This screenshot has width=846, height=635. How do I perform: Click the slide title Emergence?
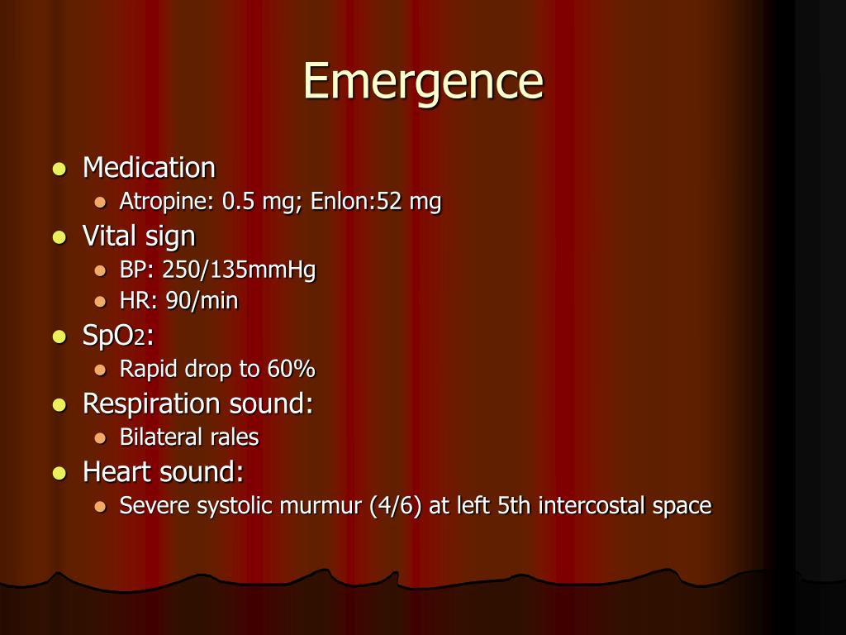click(423, 81)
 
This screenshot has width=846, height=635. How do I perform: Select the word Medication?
click(149, 168)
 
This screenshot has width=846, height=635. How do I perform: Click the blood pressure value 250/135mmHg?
click(240, 270)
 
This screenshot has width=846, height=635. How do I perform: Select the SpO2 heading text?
click(118, 336)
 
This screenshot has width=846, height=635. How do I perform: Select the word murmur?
click(325, 506)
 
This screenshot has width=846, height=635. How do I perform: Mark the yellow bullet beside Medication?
click(59, 169)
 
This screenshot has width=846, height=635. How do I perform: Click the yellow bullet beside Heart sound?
click(59, 474)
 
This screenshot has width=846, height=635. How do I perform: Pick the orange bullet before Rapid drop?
click(100, 370)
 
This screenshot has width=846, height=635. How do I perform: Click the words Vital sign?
click(139, 236)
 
